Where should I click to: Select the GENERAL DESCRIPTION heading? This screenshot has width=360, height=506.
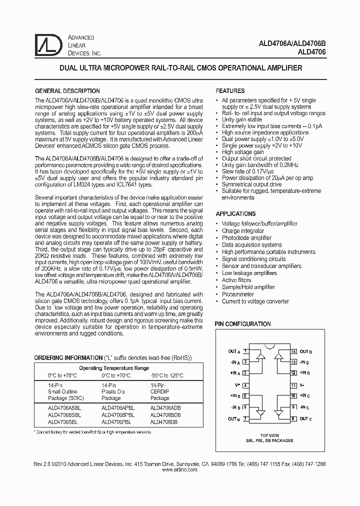point(66,91)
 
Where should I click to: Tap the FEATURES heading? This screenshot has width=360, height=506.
point(230,91)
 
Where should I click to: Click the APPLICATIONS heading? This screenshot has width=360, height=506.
point(235,213)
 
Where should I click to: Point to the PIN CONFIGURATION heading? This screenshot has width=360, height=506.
point(242,324)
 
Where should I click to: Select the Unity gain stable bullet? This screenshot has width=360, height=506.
point(241,120)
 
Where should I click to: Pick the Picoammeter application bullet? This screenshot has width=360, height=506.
point(238,294)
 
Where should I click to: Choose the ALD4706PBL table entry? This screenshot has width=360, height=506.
point(116,421)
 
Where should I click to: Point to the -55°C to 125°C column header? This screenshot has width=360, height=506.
point(167,375)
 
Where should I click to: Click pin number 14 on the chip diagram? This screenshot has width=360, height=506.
point(293,352)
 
